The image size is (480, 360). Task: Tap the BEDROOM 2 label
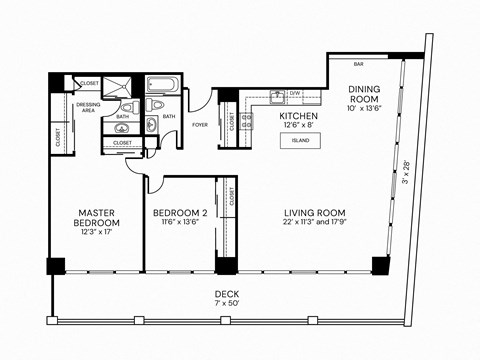pos(180,213)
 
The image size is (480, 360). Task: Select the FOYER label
pos(200,125)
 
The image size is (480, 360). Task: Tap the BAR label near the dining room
pos(358,65)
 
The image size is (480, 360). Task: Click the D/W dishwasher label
pos(295,93)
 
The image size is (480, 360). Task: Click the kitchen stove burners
pos(246,122)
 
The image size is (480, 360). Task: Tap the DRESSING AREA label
pos(87,106)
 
